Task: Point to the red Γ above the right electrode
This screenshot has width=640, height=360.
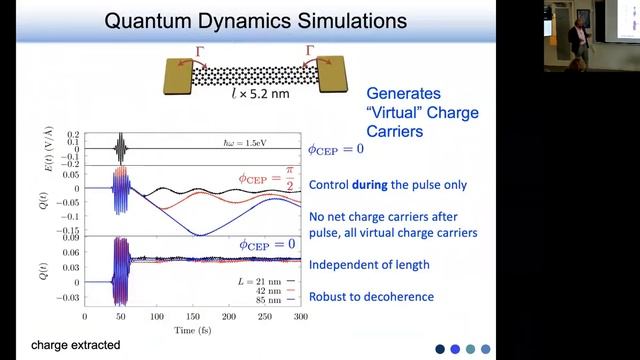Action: point(313,50)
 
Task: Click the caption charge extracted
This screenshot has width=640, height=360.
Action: point(76,345)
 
